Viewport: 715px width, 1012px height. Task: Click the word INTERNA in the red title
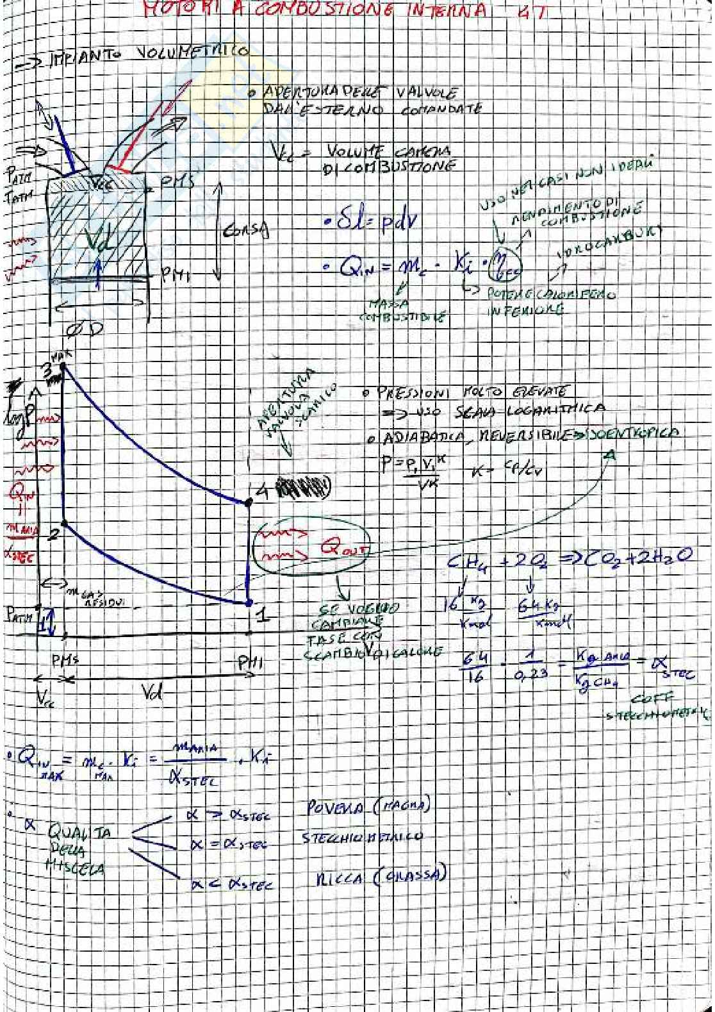441,11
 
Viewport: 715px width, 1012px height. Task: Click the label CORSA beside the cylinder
247,229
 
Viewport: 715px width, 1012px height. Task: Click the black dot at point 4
249,502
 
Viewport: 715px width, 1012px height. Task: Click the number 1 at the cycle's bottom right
261,615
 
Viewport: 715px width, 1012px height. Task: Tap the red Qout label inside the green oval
336,549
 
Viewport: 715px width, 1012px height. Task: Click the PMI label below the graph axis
251,664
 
